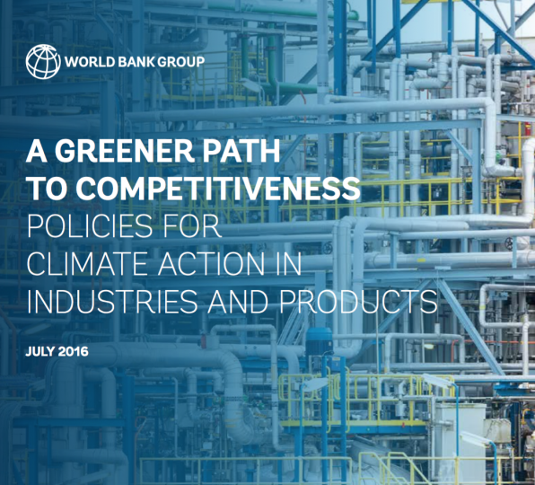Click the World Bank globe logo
[x=43, y=62]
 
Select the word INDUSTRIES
[x=112, y=302]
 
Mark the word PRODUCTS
[x=358, y=302]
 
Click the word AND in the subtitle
[x=238, y=302]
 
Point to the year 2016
[x=73, y=351]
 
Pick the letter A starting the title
[x=37, y=151]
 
